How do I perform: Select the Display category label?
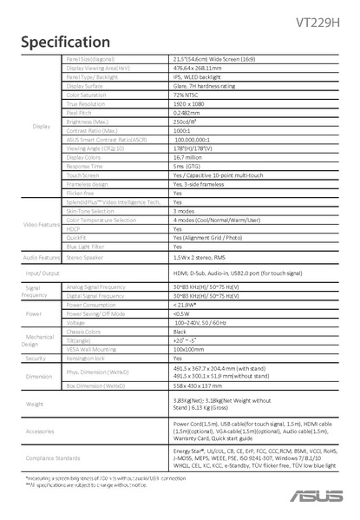tap(41, 126)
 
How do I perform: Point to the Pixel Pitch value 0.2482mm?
tap(188, 113)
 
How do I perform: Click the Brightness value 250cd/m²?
tap(185, 122)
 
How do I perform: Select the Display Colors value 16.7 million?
tap(187, 157)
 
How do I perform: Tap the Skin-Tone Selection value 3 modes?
tap(183, 211)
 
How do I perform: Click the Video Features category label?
tap(41, 224)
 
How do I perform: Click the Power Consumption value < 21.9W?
tap(185, 305)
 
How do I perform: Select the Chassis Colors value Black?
tap(180, 332)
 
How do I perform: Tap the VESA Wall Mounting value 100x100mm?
tap(188, 349)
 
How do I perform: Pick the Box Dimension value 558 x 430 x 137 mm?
tap(198, 385)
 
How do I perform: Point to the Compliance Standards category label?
tap(41, 457)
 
